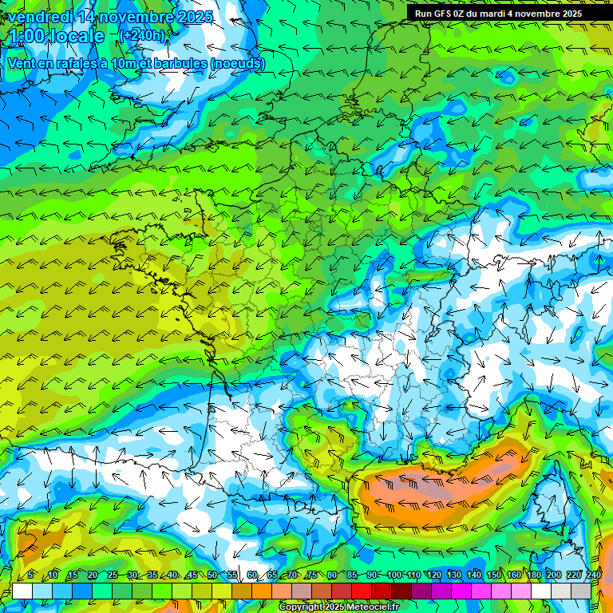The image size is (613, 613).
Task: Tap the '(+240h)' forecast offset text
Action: tap(141, 35)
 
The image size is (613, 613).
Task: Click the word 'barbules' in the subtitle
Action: tap(175, 63)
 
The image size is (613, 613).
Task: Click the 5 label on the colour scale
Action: tap(30, 575)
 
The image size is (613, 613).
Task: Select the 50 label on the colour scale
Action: tap(212, 575)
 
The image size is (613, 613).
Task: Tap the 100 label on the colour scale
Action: tap(394, 575)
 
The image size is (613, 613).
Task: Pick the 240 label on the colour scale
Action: tap(593, 575)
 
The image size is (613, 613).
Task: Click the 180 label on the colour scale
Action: tap(532, 575)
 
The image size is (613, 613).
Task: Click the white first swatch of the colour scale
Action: tap(22, 591)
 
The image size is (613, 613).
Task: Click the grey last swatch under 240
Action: tap(581, 591)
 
